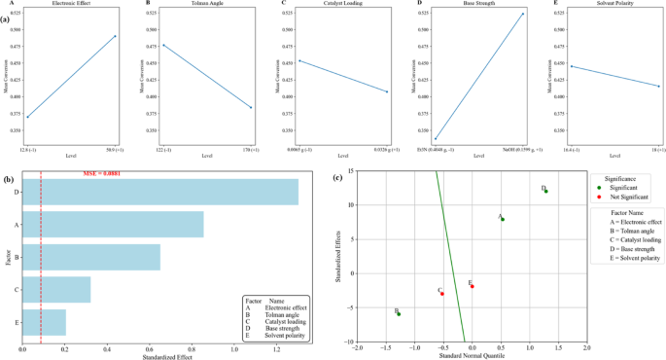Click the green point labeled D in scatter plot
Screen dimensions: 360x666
pos(546,191)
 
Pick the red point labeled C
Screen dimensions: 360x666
pos(442,293)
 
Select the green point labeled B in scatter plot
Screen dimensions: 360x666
pos(399,313)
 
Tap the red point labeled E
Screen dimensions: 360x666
pos(472,286)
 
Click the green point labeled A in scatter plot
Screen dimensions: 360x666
pos(502,219)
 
